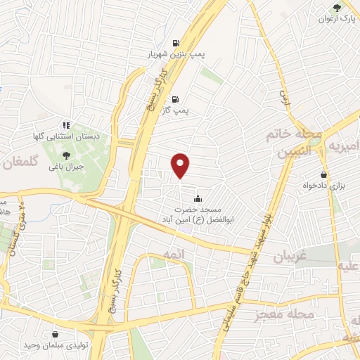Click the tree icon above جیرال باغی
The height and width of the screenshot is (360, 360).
(x=67, y=155)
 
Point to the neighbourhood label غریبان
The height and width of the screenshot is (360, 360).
(x=284, y=258)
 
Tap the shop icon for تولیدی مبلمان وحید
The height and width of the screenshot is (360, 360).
(x=55, y=335)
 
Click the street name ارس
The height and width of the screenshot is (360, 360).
(x=284, y=97)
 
